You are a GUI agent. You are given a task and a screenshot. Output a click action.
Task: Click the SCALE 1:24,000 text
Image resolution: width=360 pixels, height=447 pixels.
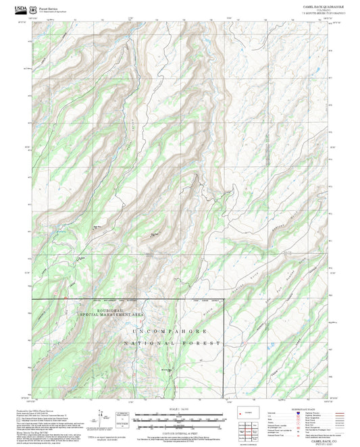180,409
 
